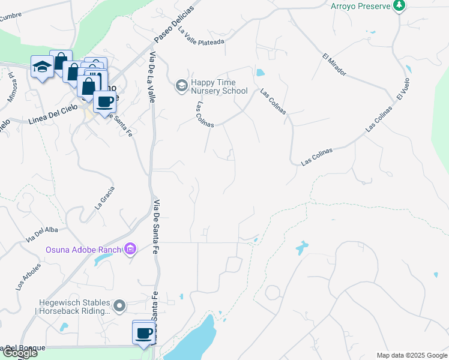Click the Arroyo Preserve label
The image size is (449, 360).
pos(361,6)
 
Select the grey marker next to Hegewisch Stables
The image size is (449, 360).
pos(120,307)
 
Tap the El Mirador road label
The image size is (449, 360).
pos(334,65)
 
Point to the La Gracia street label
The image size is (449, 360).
pos(104,197)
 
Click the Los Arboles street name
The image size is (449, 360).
pos(29,277)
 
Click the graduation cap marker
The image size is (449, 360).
pos(42,67)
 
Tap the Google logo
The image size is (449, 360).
pos(19,353)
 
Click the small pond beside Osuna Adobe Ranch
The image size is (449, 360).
pos(103,259)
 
